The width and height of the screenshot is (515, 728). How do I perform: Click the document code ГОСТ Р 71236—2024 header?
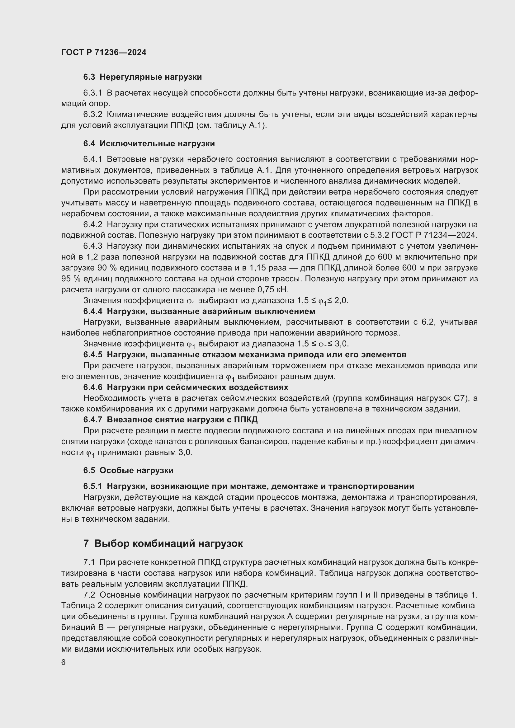104,53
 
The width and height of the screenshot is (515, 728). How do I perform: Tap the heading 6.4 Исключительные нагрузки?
149,143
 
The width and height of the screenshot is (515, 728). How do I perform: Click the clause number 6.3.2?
92,115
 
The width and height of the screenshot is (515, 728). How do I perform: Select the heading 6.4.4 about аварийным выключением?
199,311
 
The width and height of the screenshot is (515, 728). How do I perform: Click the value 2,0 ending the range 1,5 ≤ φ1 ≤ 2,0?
341,300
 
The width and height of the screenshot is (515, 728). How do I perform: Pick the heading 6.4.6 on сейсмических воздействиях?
186,387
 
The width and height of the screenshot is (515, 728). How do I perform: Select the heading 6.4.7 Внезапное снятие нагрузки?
170,420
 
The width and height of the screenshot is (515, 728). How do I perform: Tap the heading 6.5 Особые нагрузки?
128,470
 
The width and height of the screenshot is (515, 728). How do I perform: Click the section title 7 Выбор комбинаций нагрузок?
163,544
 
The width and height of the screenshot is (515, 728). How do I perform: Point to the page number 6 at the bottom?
64,663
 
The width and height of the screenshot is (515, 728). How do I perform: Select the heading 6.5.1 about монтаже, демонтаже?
248,486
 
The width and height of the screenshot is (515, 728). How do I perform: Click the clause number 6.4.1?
92,159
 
